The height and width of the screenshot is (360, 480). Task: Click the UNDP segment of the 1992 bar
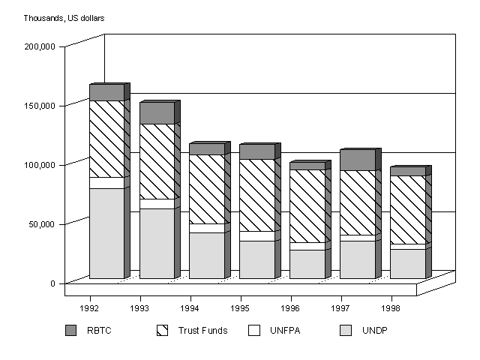click(106, 233)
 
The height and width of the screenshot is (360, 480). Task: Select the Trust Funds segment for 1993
click(157, 161)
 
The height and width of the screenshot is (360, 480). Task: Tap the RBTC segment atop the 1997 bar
click(357, 160)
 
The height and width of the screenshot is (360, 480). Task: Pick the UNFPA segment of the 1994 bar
click(206, 228)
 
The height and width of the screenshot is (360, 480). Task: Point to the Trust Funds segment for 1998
click(407, 210)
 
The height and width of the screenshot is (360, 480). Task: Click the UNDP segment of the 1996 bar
click(307, 264)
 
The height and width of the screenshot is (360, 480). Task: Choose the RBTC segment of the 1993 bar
click(157, 112)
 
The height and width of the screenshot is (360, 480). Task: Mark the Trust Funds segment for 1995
click(256, 195)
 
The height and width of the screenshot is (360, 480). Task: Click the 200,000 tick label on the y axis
click(40, 46)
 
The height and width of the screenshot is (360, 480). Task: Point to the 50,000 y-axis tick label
click(42, 224)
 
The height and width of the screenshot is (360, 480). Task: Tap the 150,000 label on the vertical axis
click(40, 106)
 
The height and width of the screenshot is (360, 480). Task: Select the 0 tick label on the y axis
click(52, 283)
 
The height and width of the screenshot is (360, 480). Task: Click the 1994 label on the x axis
click(190, 308)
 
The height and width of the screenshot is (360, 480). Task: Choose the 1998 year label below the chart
click(390, 308)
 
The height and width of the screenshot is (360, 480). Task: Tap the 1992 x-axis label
click(89, 308)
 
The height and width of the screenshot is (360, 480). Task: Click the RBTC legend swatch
click(71, 331)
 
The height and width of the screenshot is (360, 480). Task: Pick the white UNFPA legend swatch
click(254, 331)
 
